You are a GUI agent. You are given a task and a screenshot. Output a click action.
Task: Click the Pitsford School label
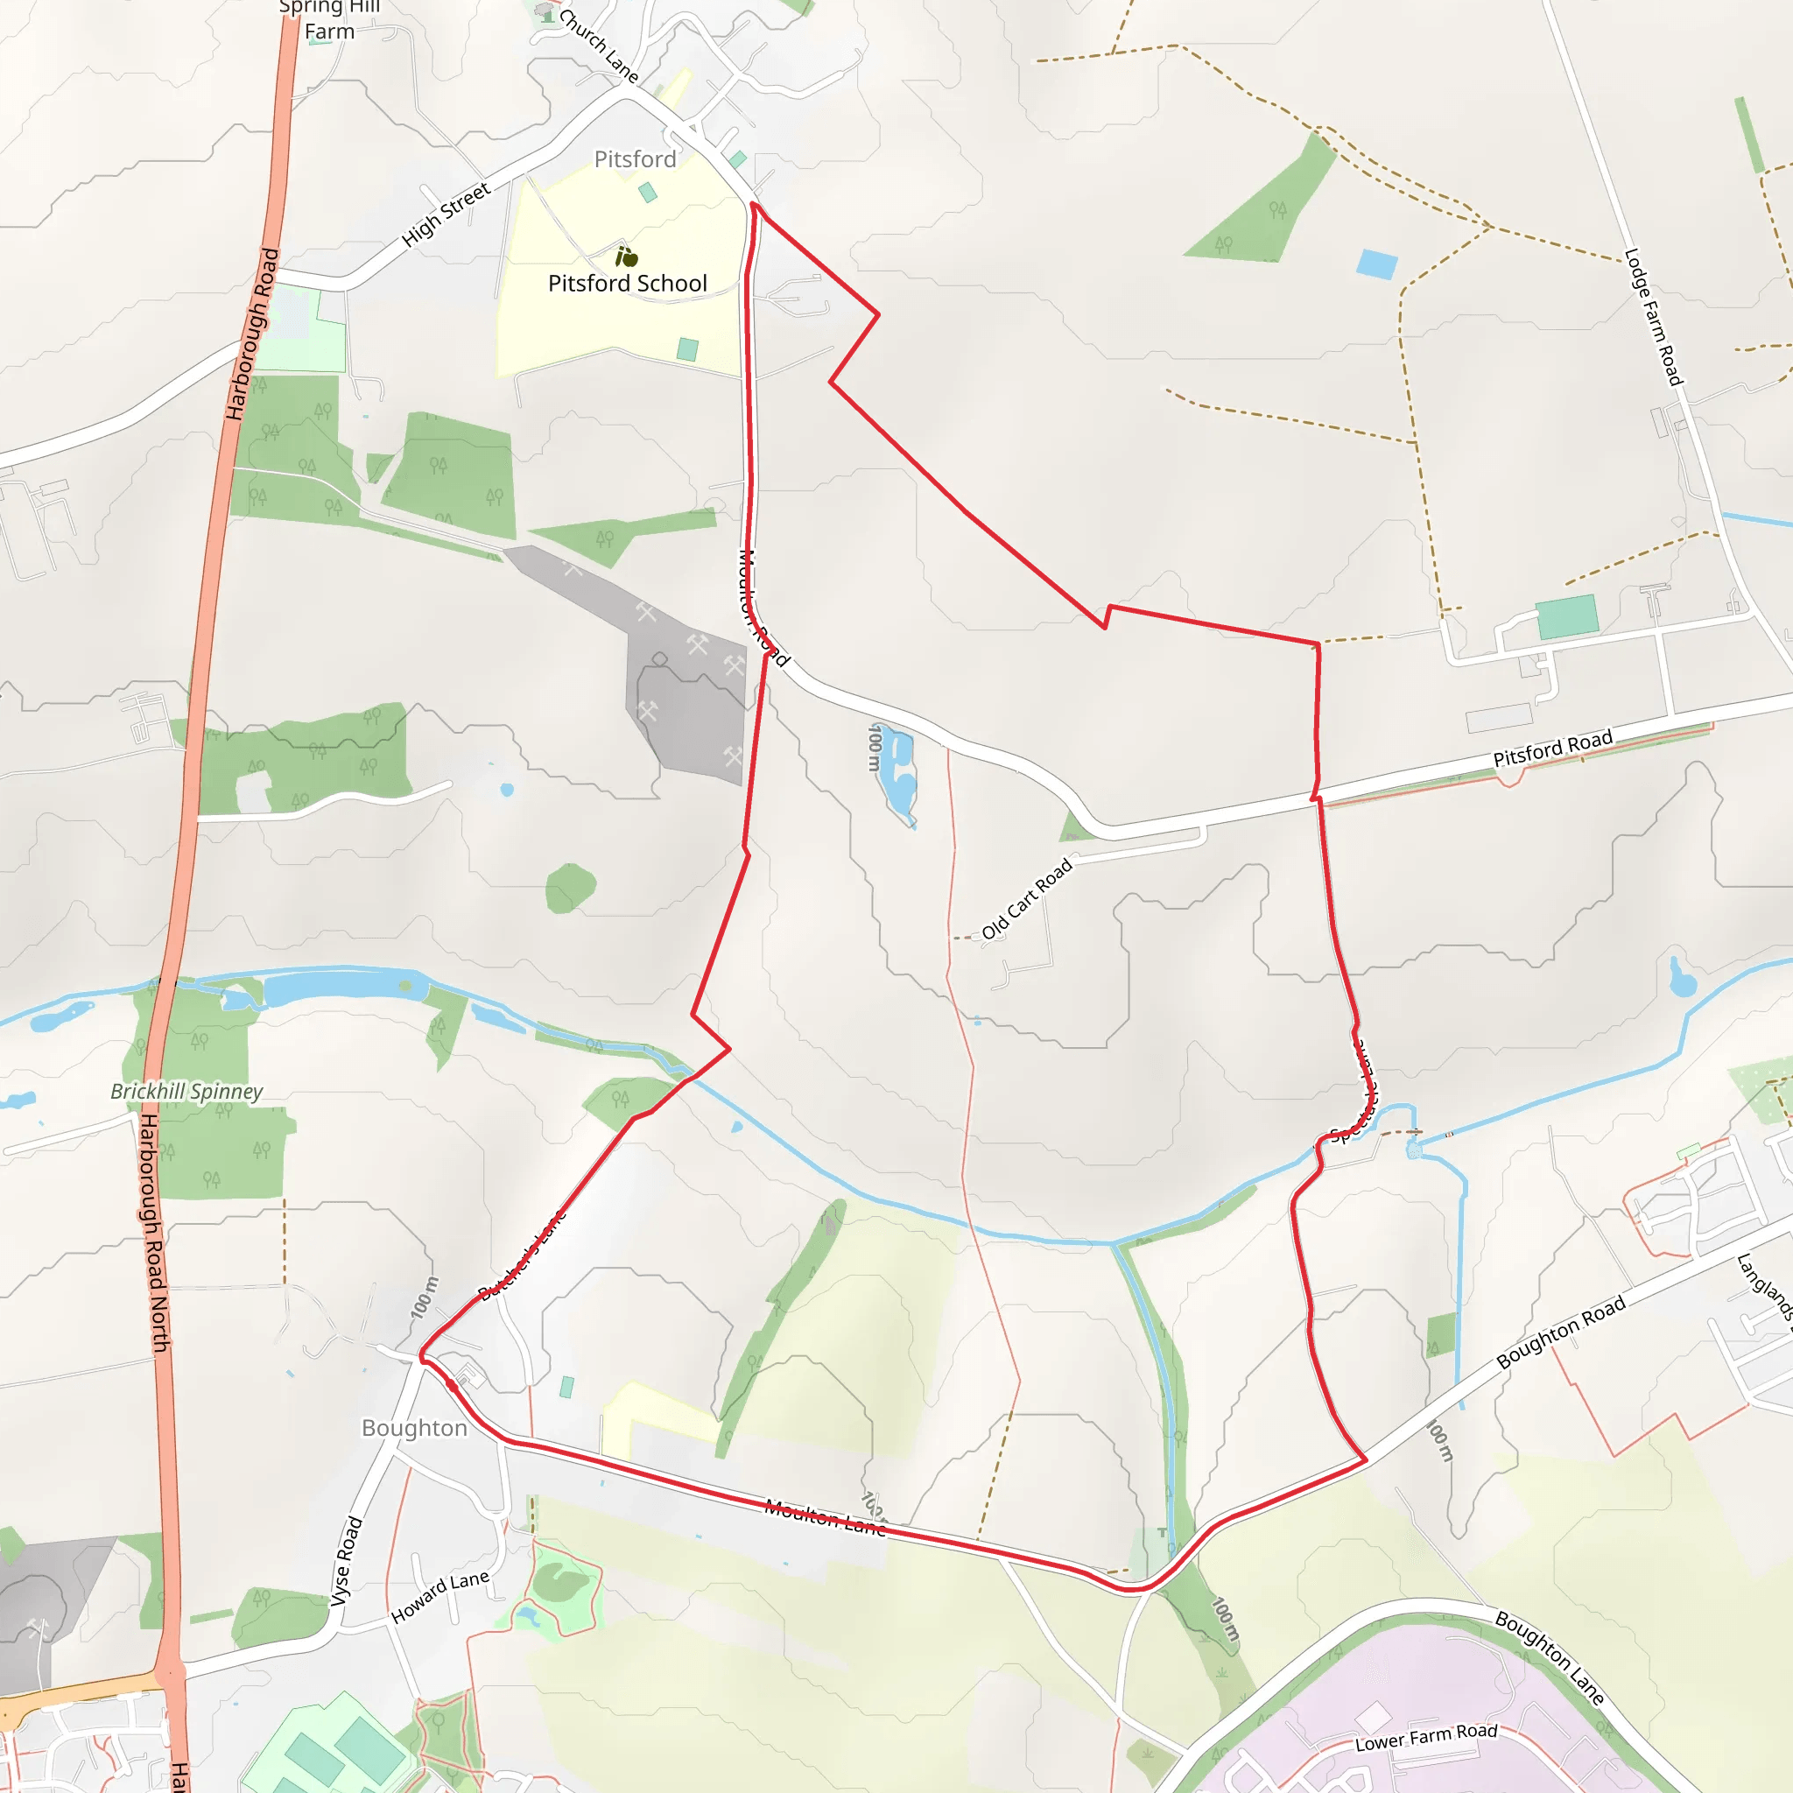tap(628, 283)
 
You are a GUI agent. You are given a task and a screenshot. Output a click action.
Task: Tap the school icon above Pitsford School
tap(627, 257)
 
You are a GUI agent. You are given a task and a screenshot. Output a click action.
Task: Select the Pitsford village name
tap(635, 159)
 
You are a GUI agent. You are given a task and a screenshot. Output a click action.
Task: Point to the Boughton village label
tap(414, 1427)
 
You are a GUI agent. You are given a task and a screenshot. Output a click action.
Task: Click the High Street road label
tap(446, 215)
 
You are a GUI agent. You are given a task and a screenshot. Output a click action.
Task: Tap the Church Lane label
tap(599, 44)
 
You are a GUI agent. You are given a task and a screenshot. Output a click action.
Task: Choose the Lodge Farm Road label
tap(1653, 316)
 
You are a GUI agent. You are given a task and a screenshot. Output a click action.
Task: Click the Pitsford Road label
tap(1552, 748)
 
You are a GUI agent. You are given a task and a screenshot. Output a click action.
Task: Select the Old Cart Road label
tap(1026, 898)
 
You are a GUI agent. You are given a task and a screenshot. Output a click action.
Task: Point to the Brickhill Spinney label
tap(186, 1092)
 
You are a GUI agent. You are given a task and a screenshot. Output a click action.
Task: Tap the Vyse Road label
tap(345, 1561)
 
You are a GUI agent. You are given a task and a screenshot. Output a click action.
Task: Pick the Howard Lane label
tap(439, 1597)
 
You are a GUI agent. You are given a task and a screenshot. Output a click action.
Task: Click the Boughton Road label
tap(1561, 1332)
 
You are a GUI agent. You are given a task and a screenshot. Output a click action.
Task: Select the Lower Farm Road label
tap(1426, 1737)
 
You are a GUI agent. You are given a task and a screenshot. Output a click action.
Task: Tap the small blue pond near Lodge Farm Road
tap(1376, 264)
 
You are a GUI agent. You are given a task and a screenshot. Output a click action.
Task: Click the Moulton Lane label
tap(825, 1518)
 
